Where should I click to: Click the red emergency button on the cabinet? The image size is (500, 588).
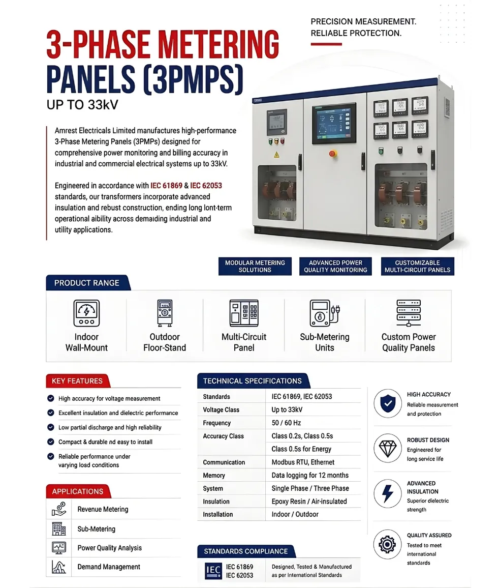333,153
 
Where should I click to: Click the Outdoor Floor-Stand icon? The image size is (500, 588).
164,313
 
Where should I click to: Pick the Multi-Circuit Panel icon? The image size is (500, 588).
244,313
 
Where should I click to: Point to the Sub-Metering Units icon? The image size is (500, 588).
324,313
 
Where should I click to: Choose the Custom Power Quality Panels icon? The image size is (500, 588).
409,313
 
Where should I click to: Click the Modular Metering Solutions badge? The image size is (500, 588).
255,266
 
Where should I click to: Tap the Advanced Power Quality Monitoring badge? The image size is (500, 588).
335,266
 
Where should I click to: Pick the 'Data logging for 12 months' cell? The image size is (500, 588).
310,475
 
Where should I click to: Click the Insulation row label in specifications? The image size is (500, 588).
216,501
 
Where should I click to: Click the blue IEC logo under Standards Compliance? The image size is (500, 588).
213,571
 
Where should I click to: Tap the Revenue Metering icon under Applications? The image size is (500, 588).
59,509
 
